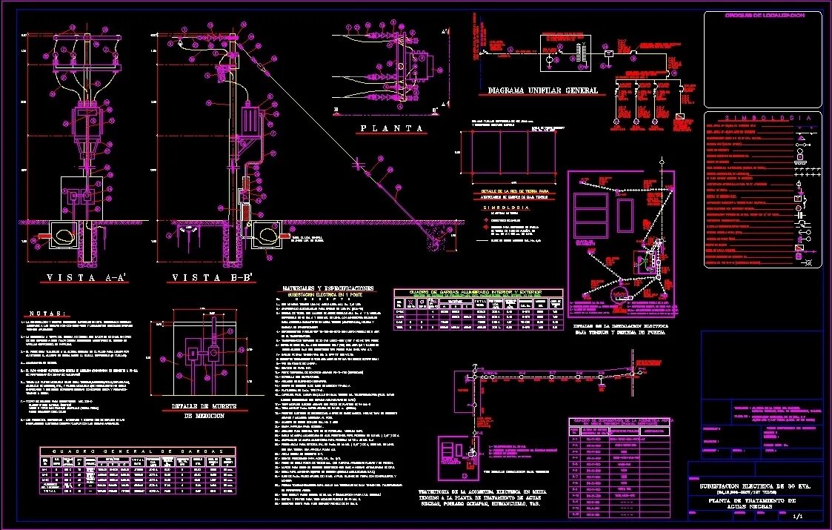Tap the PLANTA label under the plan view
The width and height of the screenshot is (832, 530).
393,128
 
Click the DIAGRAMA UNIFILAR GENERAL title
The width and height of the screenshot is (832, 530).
543,90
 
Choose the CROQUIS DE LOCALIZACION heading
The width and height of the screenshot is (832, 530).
763,16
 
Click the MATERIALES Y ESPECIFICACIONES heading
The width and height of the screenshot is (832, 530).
328,288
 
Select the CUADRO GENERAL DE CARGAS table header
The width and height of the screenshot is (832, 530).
137,451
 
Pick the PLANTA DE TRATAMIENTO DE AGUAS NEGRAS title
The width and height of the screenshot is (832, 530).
759,505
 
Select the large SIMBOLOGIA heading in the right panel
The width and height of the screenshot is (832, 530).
762,118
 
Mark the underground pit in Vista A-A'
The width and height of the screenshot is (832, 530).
63,235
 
